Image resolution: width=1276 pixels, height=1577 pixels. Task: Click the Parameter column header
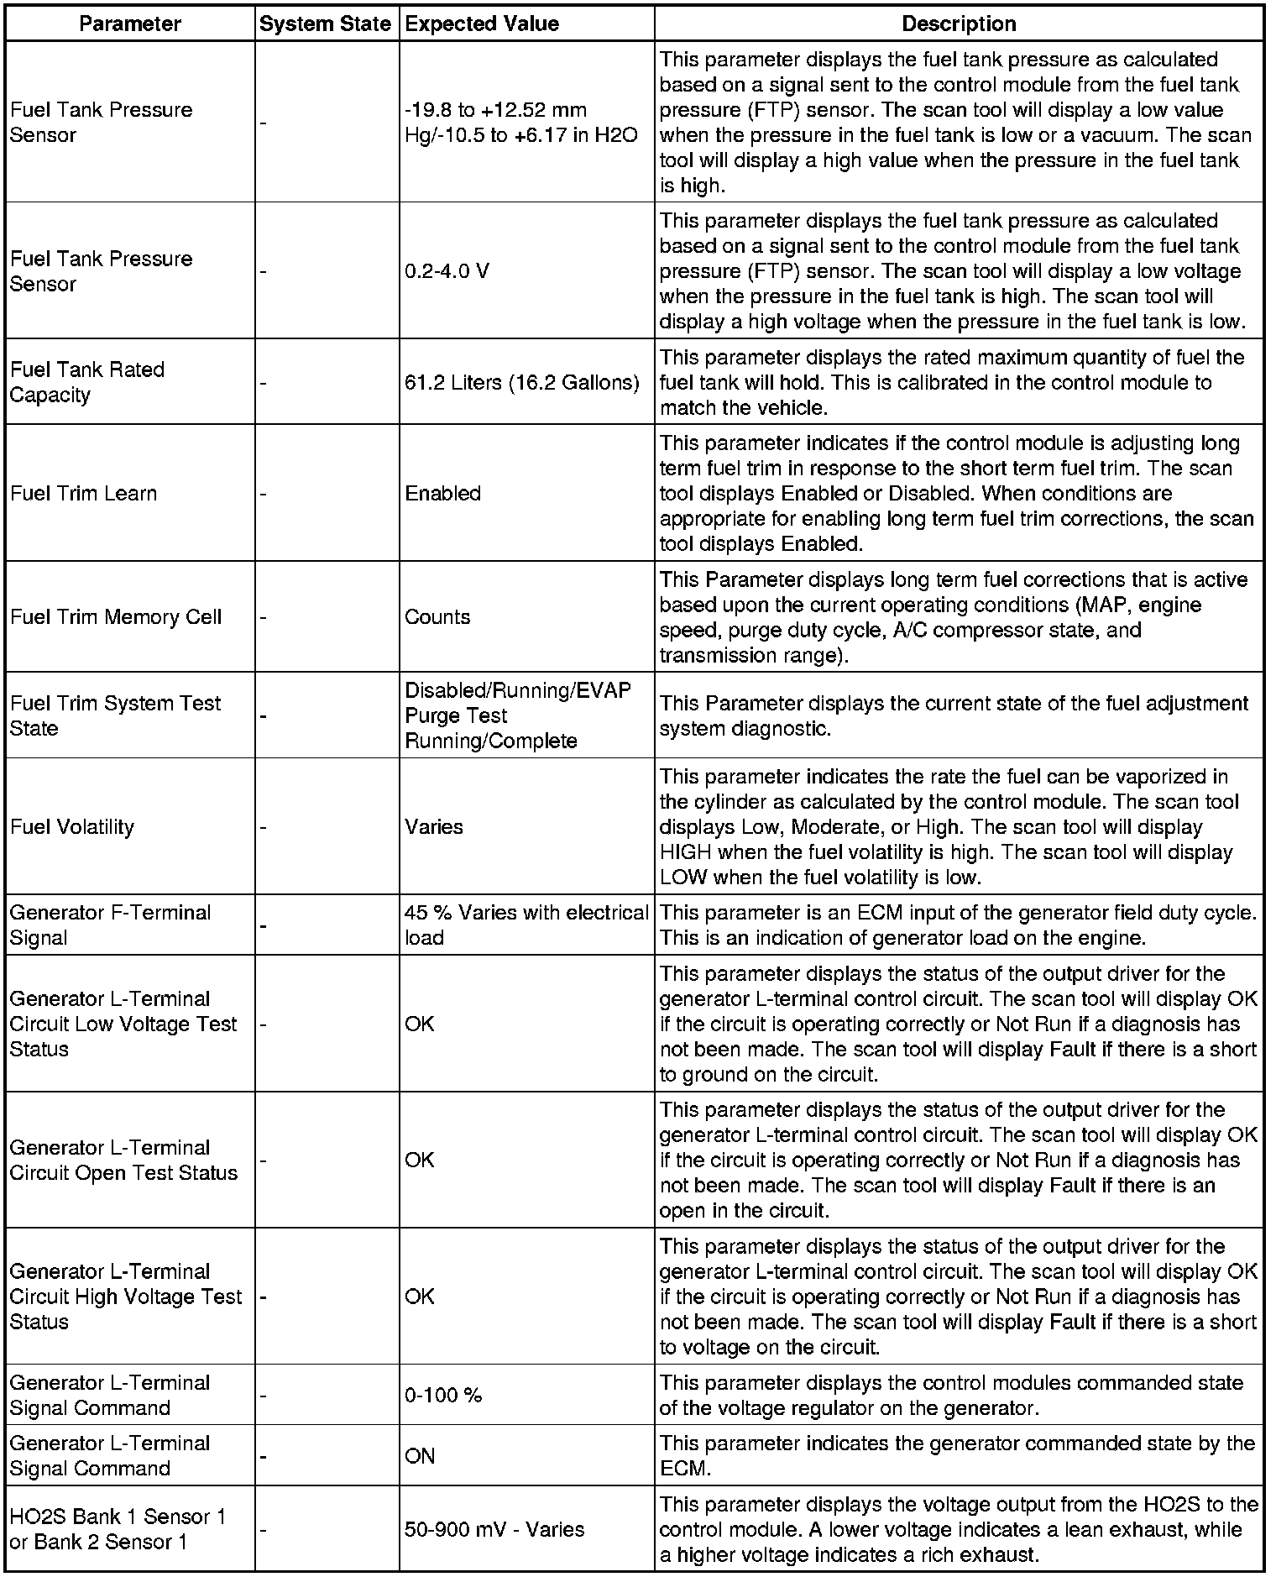coord(129,24)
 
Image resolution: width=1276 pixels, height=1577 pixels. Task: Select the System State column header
coord(325,24)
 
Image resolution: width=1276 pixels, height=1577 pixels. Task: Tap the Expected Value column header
coord(482,24)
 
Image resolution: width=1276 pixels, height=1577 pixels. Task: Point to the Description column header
coord(959,24)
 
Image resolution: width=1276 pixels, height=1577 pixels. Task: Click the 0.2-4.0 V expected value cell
coord(447,271)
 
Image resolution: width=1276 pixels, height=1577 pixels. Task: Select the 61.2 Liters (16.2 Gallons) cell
coord(521,382)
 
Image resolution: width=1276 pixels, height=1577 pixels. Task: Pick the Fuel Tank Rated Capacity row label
coord(87,382)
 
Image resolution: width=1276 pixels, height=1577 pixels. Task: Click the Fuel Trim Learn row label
coord(83,493)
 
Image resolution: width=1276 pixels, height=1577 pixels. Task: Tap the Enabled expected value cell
coord(442,493)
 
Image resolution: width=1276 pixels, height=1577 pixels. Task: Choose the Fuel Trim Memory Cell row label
coord(116,617)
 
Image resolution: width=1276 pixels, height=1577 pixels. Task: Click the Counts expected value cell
coord(437,617)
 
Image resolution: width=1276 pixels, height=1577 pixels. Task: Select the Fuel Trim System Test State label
coord(115,715)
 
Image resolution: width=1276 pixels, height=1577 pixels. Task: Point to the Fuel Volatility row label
coord(72,826)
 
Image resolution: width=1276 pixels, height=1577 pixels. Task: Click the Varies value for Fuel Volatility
coord(434,826)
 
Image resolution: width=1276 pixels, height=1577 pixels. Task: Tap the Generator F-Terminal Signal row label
coord(110,925)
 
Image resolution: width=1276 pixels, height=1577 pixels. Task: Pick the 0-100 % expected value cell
coord(443,1395)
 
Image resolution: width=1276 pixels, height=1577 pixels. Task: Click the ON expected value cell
coord(420,1455)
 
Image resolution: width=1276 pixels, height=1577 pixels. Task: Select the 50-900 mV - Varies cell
coord(494,1529)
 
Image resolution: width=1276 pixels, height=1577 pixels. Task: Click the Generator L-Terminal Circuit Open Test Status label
coord(123,1160)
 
